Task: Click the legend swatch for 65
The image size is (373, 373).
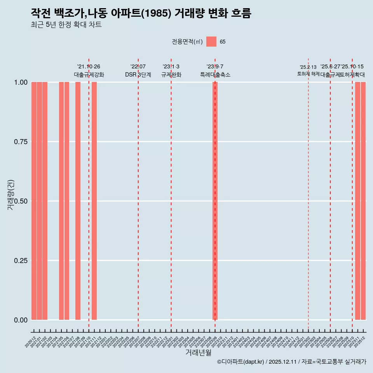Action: (211, 42)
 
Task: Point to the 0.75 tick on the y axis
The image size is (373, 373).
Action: (21, 142)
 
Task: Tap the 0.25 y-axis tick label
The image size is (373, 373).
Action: (21, 261)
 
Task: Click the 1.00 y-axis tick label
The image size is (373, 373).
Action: (21, 82)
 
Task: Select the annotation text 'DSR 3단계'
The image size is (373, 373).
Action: (138, 75)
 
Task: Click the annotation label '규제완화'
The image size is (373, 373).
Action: (171, 75)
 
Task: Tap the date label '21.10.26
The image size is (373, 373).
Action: (89, 67)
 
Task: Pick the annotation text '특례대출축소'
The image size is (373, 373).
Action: (215, 75)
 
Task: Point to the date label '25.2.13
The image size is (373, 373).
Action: (308, 67)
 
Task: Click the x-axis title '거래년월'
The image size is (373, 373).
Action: (198, 353)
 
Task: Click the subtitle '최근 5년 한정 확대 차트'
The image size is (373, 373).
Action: (66, 25)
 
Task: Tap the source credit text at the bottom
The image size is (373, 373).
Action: (291, 362)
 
